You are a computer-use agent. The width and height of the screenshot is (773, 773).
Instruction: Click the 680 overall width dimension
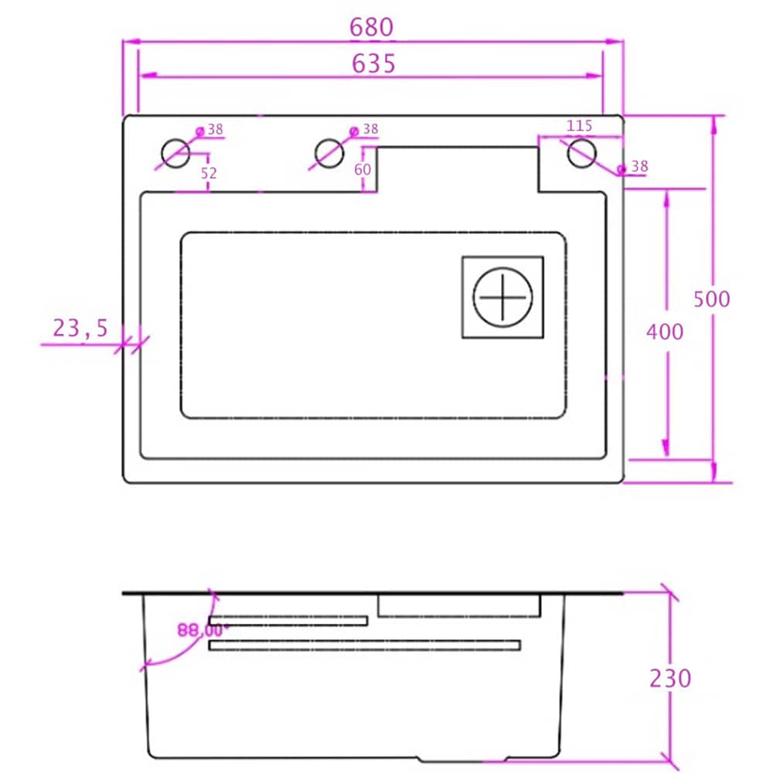pyautogui.click(x=372, y=28)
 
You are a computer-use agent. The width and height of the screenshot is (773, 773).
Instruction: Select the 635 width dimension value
pyautogui.click(x=373, y=63)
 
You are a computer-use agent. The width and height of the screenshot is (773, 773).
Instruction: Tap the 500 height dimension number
pyautogui.click(x=711, y=298)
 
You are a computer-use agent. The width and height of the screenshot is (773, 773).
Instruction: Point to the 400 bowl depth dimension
pyautogui.click(x=665, y=332)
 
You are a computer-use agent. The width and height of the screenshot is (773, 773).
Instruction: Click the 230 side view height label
pyautogui.click(x=669, y=678)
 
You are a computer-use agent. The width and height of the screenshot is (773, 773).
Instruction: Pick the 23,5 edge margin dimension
pyautogui.click(x=81, y=329)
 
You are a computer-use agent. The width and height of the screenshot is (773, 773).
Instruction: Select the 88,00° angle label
pyautogui.click(x=199, y=630)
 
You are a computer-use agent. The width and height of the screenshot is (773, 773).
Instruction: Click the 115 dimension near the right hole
pyautogui.click(x=579, y=125)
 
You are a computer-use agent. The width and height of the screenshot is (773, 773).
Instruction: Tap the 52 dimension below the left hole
pyautogui.click(x=209, y=174)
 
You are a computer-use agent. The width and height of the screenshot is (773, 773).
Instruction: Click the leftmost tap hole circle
pyautogui.click(x=175, y=153)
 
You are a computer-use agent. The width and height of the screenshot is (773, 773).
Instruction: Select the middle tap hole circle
pyautogui.click(x=329, y=153)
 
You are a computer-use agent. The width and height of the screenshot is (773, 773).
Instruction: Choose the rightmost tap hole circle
pyautogui.click(x=581, y=153)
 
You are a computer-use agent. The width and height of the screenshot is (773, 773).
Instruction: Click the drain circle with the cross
pyautogui.click(x=503, y=297)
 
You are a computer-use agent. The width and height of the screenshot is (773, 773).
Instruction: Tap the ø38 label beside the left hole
pyautogui.click(x=210, y=130)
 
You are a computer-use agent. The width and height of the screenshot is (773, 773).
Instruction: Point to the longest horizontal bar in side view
pyautogui.click(x=364, y=645)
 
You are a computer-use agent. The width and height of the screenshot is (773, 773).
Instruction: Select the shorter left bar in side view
pyautogui.click(x=288, y=621)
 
